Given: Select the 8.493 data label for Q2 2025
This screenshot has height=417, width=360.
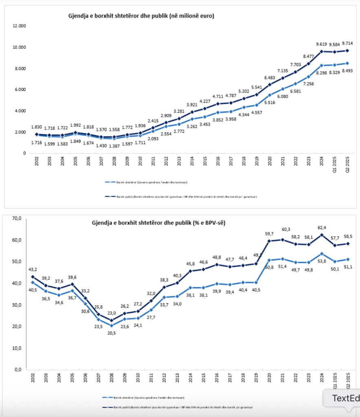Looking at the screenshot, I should [x=347, y=71].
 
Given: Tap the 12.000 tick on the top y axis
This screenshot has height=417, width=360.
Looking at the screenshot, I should [x=20, y=26].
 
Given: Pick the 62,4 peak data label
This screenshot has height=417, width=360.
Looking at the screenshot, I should [x=322, y=228].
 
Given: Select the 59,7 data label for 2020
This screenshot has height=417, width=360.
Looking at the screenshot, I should [x=269, y=234].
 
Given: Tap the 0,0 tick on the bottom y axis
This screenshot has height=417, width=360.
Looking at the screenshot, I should [x=18, y=369].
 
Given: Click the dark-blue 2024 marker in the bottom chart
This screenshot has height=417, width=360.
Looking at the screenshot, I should [x=322, y=235].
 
